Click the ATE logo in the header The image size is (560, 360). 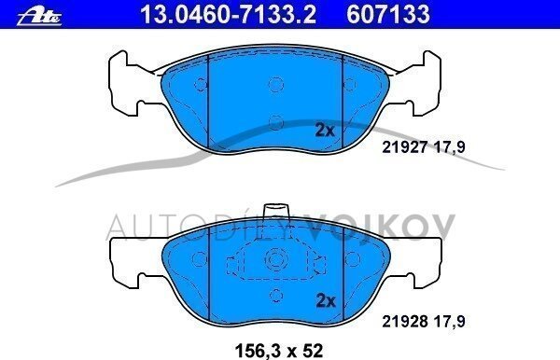pos(39,17)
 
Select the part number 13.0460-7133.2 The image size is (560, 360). pos(228,14)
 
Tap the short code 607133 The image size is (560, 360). pos(388,14)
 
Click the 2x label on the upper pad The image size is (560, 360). pos(325,131)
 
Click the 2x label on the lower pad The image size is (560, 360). pos(326,301)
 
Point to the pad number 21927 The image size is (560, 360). pos(405,146)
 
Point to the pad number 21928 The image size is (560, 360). pos(405,322)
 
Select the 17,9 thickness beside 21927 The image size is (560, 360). pos(449,147)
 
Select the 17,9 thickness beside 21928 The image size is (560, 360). pos(449,322)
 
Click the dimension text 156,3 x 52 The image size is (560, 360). pos(279,351)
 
